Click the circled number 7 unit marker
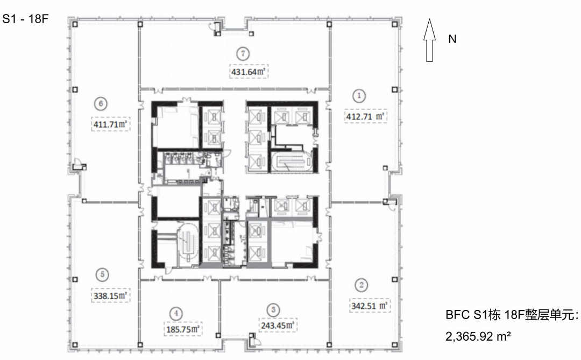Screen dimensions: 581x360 tap(243, 54)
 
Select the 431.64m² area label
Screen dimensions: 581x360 tap(249, 72)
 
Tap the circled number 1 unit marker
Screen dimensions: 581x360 tap(359, 96)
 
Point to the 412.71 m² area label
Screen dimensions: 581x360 tap(365, 116)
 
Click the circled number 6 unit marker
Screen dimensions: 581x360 tap(101, 103)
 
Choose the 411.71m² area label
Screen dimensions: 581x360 tap(110, 124)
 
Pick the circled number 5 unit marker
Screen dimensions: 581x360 tap(102, 275)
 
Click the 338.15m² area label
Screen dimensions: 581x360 tap(110, 295)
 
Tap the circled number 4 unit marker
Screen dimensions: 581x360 tap(176, 314)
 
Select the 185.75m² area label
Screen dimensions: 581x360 tap(183, 329)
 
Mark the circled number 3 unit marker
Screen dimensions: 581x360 tap(273, 310)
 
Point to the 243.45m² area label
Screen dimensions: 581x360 tap(278, 325)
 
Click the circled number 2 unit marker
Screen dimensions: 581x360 tap(362, 285)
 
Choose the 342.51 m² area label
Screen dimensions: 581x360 tap(370, 306)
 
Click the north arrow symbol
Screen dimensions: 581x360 tap(429, 40)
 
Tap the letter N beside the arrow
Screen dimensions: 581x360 tap(452, 39)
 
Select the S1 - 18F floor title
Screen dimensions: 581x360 tap(25, 19)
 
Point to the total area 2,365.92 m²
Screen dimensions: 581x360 tap(478, 336)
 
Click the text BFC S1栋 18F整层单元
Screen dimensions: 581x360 tap(512, 315)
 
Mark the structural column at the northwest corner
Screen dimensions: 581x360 tap(75, 24)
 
